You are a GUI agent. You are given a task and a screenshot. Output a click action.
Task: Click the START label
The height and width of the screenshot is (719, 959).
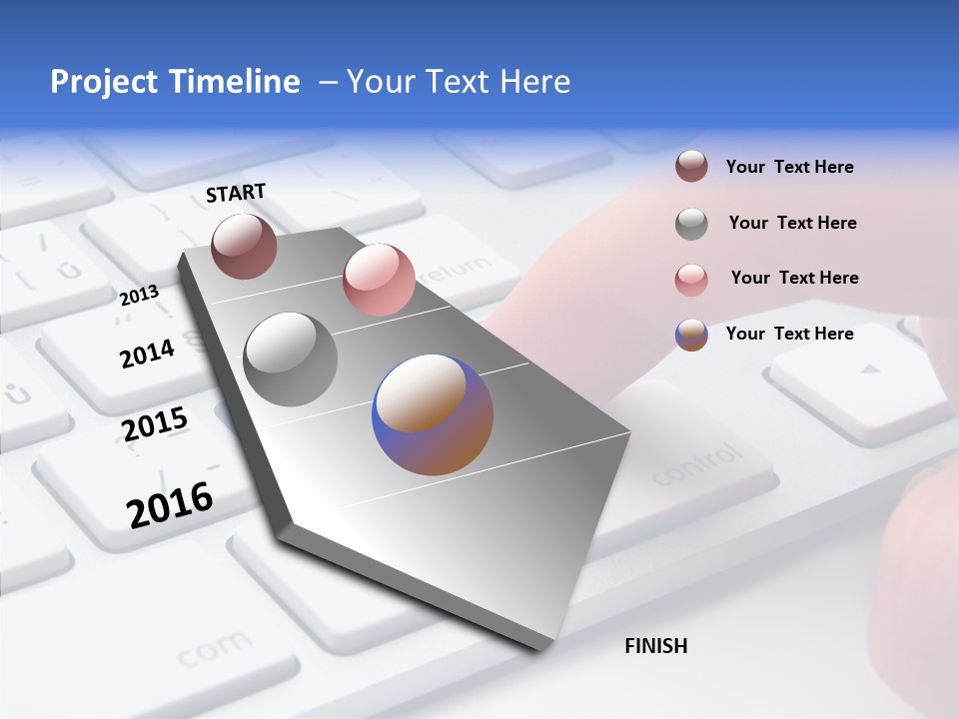(236, 193)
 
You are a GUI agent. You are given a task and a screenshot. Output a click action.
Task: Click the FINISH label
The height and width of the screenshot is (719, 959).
(655, 646)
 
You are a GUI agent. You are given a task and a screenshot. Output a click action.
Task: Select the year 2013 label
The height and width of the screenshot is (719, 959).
(139, 296)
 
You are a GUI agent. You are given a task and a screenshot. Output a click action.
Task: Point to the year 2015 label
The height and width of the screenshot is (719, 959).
(155, 424)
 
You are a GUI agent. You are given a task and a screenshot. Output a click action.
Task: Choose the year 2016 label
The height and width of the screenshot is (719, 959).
(170, 504)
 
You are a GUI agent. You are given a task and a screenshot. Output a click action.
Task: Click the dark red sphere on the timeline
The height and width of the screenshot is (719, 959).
(244, 246)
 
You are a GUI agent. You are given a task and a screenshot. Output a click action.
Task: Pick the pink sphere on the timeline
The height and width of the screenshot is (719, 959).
(379, 280)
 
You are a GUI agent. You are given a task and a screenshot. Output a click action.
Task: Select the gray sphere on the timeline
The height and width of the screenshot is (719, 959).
(291, 359)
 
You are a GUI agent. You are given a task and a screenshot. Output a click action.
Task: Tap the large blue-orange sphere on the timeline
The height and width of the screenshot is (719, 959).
(433, 414)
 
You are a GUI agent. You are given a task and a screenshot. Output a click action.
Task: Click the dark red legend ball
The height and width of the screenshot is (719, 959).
(691, 167)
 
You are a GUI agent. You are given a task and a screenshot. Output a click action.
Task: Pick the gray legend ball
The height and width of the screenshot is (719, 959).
(691, 224)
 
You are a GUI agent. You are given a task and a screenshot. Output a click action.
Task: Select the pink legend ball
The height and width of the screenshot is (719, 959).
(691, 279)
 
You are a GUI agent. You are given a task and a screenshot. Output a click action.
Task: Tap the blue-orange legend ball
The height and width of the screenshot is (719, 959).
(691, 335)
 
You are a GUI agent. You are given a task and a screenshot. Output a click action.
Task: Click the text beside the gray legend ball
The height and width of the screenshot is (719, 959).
(792, 223)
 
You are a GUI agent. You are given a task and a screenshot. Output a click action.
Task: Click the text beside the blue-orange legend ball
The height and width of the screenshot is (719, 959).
(789, 334)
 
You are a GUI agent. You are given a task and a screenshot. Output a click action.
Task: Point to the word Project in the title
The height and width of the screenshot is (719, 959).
(103, 82)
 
